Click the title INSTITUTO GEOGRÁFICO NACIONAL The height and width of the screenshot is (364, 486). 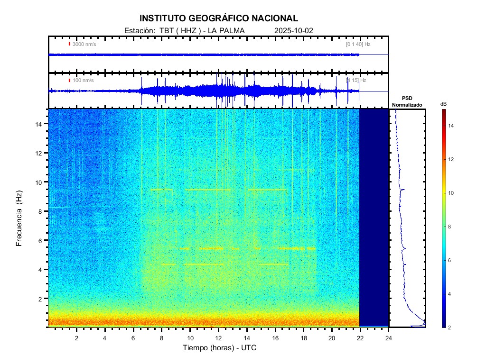click(x=218, y=18)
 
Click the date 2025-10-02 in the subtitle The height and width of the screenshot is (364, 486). click(x=294, y=31)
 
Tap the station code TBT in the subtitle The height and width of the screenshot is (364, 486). click(x=167, y=31)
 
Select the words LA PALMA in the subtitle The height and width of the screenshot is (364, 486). click(x=225, y=31)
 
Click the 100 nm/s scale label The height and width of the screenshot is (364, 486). click(x=83, y=80)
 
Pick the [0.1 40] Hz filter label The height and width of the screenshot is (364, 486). click(x=358, y=44)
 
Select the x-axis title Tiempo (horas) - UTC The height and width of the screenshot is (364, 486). click(x=220, y=348)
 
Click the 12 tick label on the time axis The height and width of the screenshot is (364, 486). click(x=218, y=338)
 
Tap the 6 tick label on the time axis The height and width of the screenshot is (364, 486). click(x=133, y=338)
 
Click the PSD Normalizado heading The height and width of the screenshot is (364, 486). click(x=407, y=101)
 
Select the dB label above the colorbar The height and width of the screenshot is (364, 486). click(x=443, y=104)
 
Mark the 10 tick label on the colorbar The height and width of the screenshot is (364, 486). click(x=452, y=193)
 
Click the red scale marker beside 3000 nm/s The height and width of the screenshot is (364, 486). click(x=69, y=44)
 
